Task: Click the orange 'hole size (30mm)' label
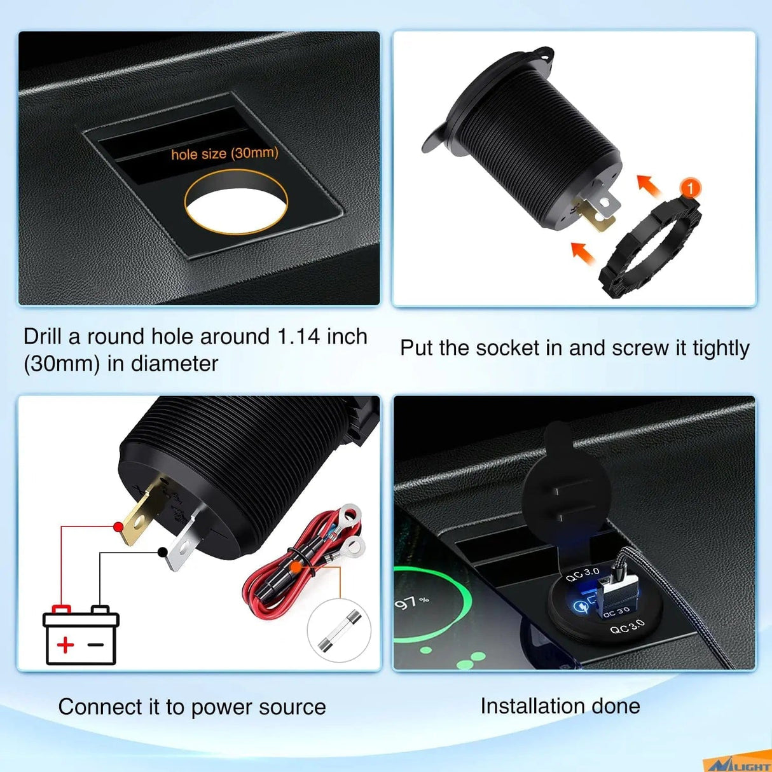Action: coord(224,154)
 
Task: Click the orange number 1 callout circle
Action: coord(690,188)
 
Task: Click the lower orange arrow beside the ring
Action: coord(582,252)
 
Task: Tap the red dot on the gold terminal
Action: coord(118,527)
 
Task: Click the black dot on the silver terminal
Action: coord(163,552)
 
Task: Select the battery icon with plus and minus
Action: coord(81,636)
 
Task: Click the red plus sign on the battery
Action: coord(65,645)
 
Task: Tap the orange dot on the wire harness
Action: coord(296,564)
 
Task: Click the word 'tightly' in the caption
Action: coord(720,348)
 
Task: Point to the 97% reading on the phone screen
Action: coord(412,602)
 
